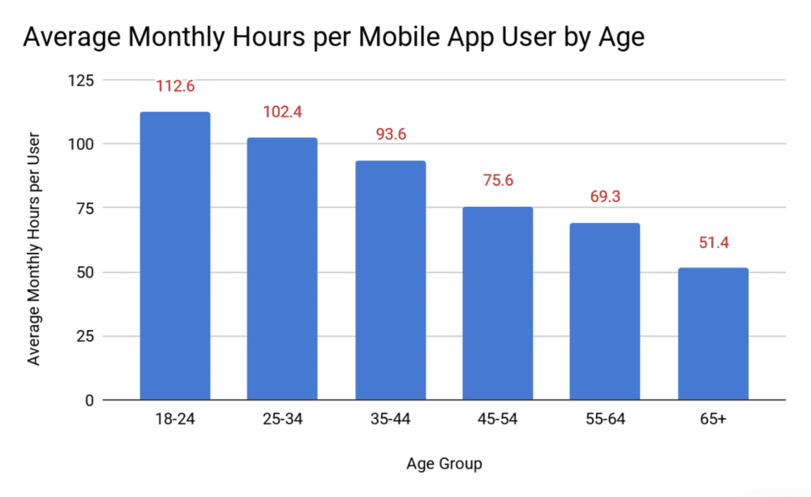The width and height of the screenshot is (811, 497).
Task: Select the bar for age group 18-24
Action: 175,255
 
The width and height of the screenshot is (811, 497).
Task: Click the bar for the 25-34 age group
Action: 282,268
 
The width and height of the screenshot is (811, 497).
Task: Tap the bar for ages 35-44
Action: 390,280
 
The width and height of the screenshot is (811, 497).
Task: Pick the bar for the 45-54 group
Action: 498,303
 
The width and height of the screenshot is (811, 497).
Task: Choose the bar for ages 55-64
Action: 605,311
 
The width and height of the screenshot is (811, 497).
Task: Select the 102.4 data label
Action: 282,112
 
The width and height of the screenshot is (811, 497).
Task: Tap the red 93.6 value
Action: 390,135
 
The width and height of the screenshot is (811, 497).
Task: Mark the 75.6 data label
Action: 498,181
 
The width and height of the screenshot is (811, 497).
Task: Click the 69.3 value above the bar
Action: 605,197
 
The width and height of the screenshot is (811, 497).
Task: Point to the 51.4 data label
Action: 713,242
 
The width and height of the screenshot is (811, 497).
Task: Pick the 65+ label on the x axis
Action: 713,420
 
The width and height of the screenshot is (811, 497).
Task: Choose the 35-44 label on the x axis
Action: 390,420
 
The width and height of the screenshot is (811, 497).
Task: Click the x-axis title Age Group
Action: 444,464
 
